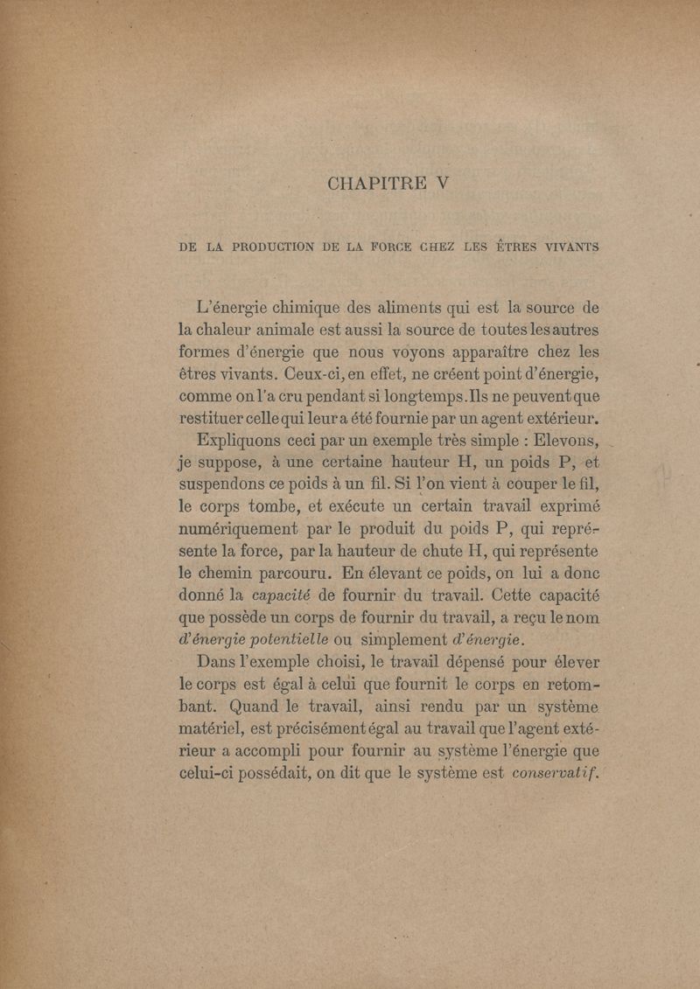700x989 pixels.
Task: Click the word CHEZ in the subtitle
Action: (x=454, y=248)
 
